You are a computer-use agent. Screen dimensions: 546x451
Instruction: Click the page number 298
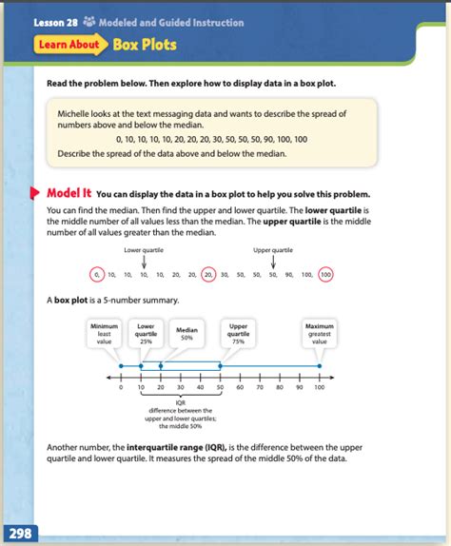click(20, 534)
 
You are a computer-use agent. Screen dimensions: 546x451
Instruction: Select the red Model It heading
click(70, 194)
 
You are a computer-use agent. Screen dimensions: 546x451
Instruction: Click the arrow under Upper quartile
click(273, 260)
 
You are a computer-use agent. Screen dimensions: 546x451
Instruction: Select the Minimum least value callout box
click(105, 333)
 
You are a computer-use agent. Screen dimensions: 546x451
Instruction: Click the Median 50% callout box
click(186, 334)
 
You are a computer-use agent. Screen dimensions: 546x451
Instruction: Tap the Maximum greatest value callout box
click(320, 333)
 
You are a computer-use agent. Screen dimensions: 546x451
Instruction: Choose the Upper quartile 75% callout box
click(239, 333)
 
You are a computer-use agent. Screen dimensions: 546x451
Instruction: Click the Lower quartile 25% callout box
click(147, 333)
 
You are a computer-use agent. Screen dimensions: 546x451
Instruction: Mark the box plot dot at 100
click(320, 366)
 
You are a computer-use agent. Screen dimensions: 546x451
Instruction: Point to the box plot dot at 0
click(121, 366)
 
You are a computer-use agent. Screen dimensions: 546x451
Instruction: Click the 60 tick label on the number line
click(240, 388)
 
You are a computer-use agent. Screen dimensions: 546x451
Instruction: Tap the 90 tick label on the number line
click(300, 388)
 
